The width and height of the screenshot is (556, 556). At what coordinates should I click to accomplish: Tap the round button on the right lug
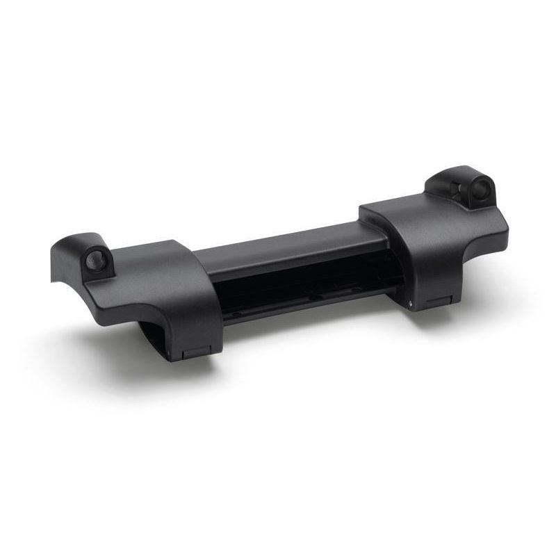(x=482, y=188)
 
